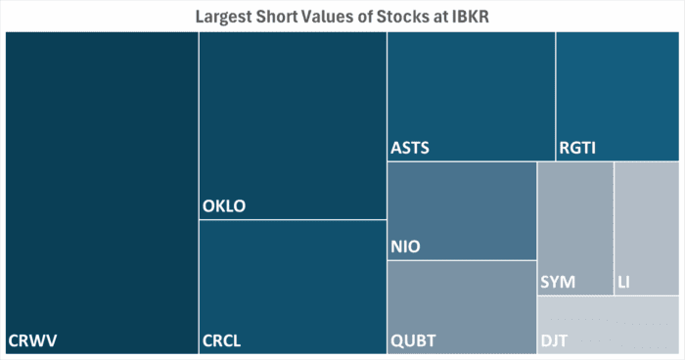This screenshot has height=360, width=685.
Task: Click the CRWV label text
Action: click(33, 340)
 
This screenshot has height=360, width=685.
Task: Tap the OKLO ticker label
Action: click(224, 206)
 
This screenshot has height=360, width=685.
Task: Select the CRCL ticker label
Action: click(221, 340)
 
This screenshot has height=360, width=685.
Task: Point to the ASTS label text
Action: click(410, 149)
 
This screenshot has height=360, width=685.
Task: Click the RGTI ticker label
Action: click(578, 149)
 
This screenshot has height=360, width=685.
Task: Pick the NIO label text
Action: click(405, 247)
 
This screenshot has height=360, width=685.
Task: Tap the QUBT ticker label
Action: click(413, 340)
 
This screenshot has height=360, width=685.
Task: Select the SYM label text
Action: click(558, 283)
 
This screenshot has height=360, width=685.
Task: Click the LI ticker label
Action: click(623, 283)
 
